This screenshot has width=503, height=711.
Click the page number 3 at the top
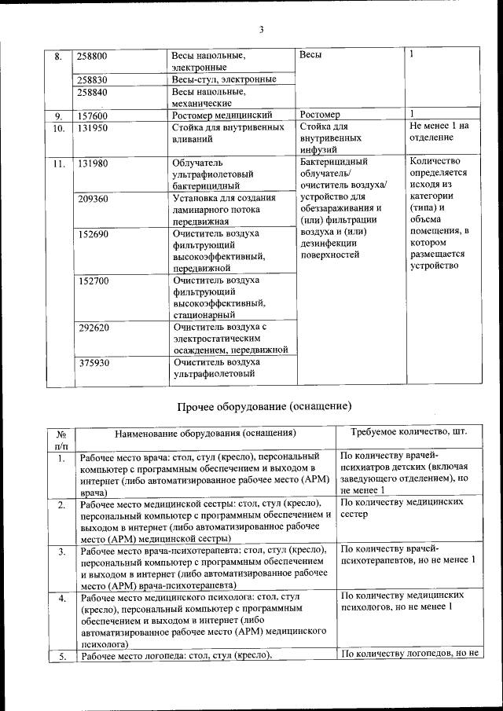(x=262, y=31)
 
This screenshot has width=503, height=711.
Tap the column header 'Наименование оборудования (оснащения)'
(x=205, y=433)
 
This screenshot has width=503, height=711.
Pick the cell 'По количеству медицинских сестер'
(x=407, y=508)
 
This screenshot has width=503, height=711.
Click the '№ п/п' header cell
(x=61, y=439)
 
